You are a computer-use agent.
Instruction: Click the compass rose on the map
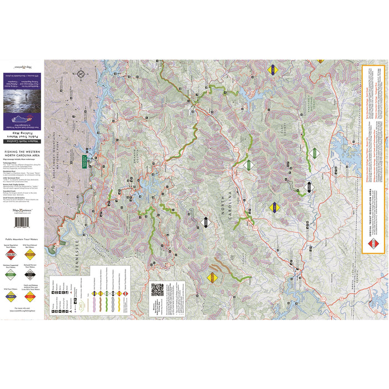tap(81, 73)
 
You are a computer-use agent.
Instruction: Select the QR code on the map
tap(158, 291)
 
